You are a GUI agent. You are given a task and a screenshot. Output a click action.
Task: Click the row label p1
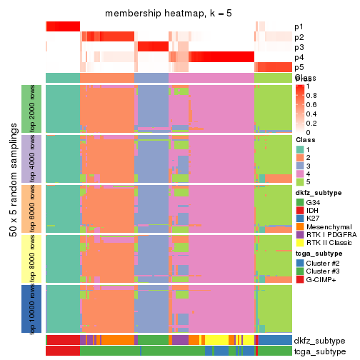point(299,27)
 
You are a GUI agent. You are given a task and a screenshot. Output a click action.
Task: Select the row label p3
point(299,47)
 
